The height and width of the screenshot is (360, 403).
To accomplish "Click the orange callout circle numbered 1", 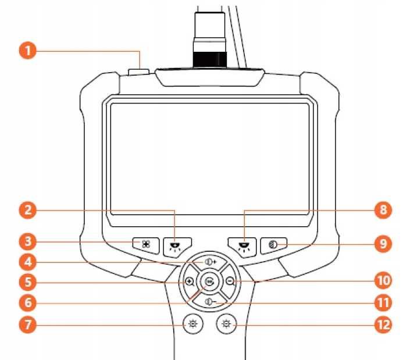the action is [28, 51].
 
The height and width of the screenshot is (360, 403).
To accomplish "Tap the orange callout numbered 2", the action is [28, 210].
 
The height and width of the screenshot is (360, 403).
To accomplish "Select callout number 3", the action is [28, 241].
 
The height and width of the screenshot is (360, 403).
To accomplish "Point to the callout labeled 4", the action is [28, 262].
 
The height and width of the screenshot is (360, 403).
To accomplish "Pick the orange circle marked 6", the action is [28, 302].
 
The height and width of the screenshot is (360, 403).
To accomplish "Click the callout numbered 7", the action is [28, 325].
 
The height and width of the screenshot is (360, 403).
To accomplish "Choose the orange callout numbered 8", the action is [383, 210].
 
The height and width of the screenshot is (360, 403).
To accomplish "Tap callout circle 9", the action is [383, 243].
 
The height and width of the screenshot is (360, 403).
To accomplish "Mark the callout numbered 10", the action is [383, 280].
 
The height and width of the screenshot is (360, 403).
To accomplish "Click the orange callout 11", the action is [383, 302].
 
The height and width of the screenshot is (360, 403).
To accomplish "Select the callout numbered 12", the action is [383, 325].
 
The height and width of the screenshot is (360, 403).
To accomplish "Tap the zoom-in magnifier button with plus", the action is [189, 281].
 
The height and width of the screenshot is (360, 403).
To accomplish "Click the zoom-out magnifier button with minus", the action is [230, 281].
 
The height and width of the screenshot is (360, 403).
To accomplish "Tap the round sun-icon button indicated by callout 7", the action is [192, 324].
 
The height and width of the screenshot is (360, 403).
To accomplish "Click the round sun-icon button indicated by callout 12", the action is [226, 324].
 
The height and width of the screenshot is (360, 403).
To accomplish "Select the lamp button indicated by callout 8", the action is [243, 246].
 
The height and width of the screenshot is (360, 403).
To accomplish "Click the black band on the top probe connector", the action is [210, 60].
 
